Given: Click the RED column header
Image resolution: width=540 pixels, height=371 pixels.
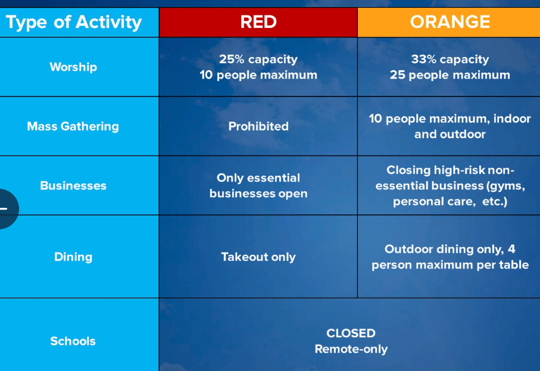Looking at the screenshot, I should pyautogui.click(x=258, y=22).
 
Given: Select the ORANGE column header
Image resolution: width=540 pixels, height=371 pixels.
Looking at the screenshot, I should pyautogui.click(x=450, y=22).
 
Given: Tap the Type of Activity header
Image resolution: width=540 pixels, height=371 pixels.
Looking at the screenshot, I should pyautogui.click(x=74, y=23).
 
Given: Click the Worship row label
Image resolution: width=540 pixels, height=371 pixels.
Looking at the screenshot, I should pyautogui.click(x=73, y=67).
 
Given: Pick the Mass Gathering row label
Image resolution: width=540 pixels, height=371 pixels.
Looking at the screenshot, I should pyautogui.click(x=73, y=126).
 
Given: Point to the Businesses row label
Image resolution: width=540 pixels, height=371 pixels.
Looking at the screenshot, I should pyautogui.click(x=73, y=185).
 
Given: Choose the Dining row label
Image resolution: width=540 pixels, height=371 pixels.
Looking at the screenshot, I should pyautogui.click(x=73, y=257).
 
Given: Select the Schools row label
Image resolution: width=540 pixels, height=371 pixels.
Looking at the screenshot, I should pyautogui.click(x=73, y=341).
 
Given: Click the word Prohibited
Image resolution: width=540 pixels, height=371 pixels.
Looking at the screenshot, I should pyautogui.click(x=258, y=126).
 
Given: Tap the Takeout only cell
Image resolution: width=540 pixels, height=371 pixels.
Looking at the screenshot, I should pyautogui.click(x=258, y=257).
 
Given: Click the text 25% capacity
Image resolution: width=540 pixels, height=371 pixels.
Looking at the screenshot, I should pyautogui.click(x=258, y=59).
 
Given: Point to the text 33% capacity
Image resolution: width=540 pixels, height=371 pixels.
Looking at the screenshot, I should pyautogui.click(x=450, y=59).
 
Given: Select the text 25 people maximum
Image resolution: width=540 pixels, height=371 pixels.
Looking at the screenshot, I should pyautogui.click(x=450, y=75).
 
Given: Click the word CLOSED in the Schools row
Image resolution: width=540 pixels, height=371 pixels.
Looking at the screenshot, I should pyautogui.click(x=351, y=333).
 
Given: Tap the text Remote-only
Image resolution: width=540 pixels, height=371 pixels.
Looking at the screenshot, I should pyautogui.click(x=351, y=349).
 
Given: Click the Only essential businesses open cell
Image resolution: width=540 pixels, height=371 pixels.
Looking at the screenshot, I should pyautogui.click(x=258, y=185).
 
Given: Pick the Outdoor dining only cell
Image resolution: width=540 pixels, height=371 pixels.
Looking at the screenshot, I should pyautogui.click(x=450, y=257).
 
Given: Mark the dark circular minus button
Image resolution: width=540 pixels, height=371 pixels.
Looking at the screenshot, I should pyautogui.click(x=5, y=208).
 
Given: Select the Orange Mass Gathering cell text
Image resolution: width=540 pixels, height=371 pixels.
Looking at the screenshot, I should pyautogui.click(x=450, y=126).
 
